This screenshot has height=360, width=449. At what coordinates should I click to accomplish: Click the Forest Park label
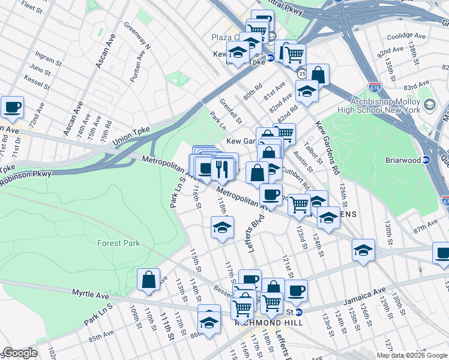118,243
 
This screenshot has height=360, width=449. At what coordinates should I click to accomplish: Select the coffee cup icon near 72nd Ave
13,107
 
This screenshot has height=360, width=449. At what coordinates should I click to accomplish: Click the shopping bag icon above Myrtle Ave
148,280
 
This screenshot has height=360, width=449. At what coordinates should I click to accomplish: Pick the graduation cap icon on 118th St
221,227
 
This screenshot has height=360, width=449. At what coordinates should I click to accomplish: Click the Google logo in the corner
20,353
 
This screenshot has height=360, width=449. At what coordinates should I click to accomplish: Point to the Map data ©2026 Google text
411,355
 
